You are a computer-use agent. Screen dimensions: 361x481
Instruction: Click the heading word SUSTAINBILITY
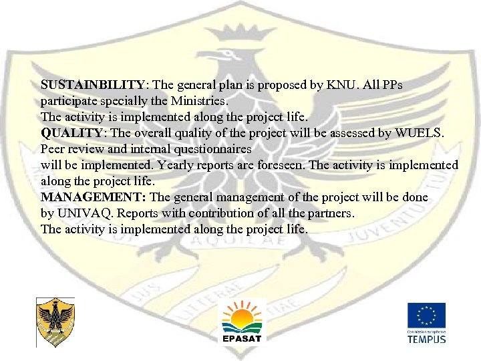[92, 86]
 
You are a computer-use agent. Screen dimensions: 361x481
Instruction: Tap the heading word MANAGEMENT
[94, 197]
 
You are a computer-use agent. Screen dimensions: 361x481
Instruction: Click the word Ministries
[199, 102]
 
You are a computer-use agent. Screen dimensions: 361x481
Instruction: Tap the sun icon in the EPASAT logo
[242, 313]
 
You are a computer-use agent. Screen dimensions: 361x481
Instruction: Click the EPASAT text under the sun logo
[242, 338]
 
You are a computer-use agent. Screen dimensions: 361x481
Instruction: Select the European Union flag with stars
[427, 316]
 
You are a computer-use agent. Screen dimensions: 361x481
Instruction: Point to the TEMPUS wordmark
[427, 338]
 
